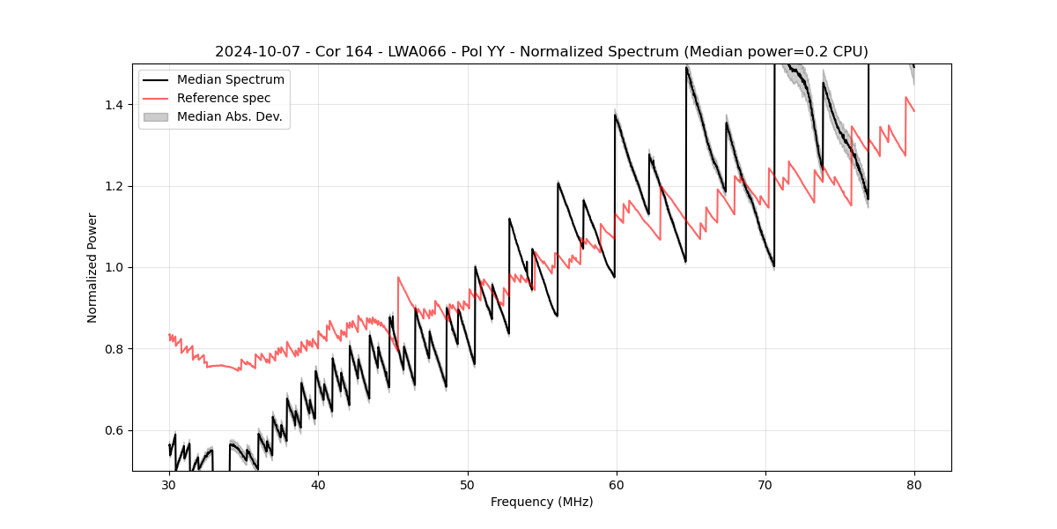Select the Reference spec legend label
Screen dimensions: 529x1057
click(x=224, y=98)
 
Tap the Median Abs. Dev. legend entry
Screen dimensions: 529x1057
click(x=229, y=116)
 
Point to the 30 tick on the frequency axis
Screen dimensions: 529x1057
click(x=169, y=484)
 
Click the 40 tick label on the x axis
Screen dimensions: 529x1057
click(x=318, y=484)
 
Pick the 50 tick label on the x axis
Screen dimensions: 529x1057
click(x=468, y=484)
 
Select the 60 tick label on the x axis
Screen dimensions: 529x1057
click(x=617, y=484)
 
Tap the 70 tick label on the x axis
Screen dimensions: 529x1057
click(x=765, y=484)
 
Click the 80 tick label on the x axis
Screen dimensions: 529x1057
click(x=914, y=484)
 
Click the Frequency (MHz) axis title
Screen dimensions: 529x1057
click(x=542, y=502)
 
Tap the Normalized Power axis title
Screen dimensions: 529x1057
click(x=92, y=267)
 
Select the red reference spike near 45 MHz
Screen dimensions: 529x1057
click(x=399, y=279)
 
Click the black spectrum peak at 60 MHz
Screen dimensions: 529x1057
click(x=615, y=115)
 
